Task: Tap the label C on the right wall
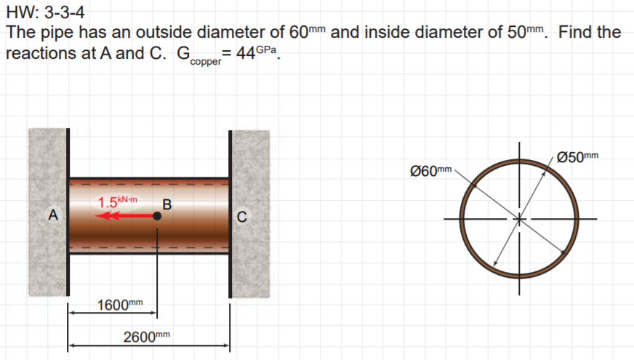[243, 216]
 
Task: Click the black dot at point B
[157, 216]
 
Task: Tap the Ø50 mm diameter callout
[577, 156]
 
